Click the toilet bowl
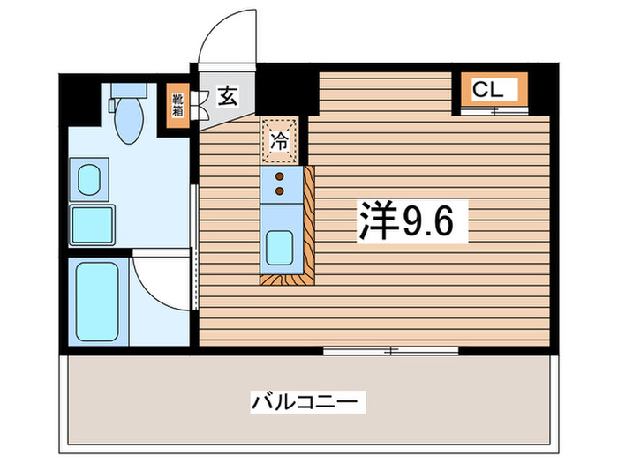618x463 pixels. click(x=129, y=123)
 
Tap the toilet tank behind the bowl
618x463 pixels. click(x=129, y=92)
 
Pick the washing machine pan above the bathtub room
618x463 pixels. click(x=93, y=224)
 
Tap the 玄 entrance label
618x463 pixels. click(x=228, y=96)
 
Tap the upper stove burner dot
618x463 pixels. click(x=280, y=176)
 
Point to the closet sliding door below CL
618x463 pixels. click(x=493, y=111)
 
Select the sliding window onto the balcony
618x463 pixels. click(x=390, y=351)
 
